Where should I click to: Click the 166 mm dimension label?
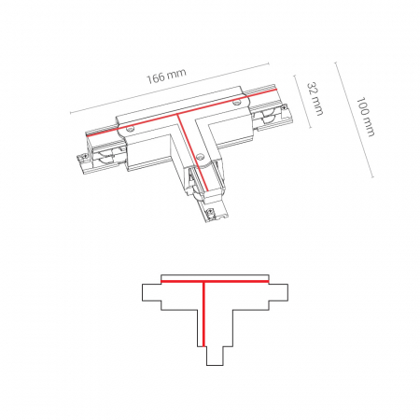click(x=166, y=76)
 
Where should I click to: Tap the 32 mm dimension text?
click(x=315, y=99)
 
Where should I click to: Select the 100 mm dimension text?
click(x=365, y=117)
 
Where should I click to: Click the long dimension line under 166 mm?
click(x=169, y=88)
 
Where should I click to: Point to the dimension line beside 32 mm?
click(x=302, y=101)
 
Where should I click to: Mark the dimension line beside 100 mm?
click(x=354, y=119)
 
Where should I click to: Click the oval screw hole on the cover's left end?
click(x=131, y=129)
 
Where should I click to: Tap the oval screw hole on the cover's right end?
click(x=237, y=102)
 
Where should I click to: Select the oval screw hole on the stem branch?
click(x=201, y=155)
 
